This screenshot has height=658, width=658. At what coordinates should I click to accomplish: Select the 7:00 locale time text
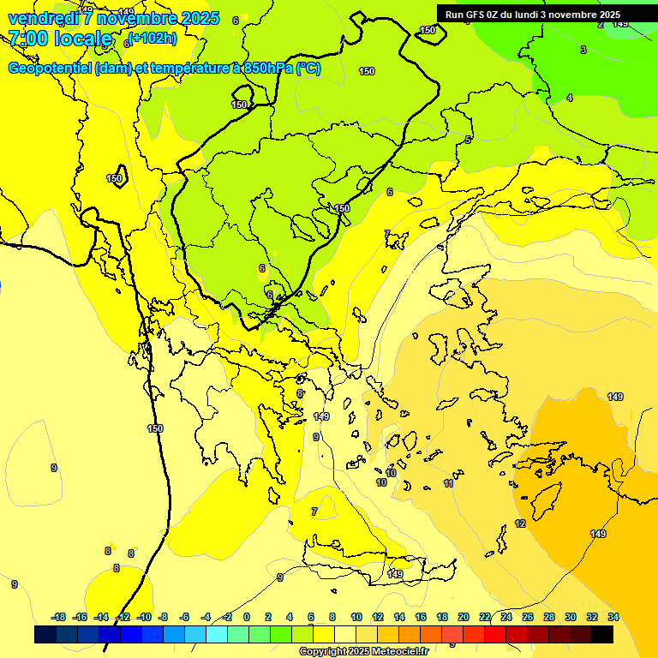pos(60,39)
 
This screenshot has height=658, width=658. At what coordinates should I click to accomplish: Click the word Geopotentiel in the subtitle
pos(50,69)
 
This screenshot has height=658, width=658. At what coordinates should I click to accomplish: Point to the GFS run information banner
pos(533,14)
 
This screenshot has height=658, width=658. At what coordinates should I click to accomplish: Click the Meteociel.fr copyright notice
pos(364,652)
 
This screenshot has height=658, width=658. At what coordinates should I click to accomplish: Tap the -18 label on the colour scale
pos(58,617)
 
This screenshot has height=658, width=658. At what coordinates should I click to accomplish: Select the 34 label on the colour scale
pos(613,617)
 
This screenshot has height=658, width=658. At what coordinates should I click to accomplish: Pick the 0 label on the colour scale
pos(247,617)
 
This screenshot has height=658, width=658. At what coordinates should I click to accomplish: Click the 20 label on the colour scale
pos(464,617)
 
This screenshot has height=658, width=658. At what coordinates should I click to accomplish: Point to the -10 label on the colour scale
pos(144,617)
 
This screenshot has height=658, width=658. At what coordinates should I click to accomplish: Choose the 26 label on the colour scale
pos(528,617)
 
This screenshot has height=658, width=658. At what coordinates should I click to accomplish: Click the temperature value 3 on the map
pos(583,50)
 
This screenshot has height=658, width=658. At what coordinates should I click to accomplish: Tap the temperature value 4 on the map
pos(570,99)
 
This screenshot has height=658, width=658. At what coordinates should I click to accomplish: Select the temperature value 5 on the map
pos(468,140)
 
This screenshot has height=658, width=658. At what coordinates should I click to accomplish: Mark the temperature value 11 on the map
pos(449,484)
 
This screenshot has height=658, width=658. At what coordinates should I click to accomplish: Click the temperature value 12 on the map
pos(520,523)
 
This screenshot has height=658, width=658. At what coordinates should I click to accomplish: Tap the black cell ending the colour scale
pos(602,635)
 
